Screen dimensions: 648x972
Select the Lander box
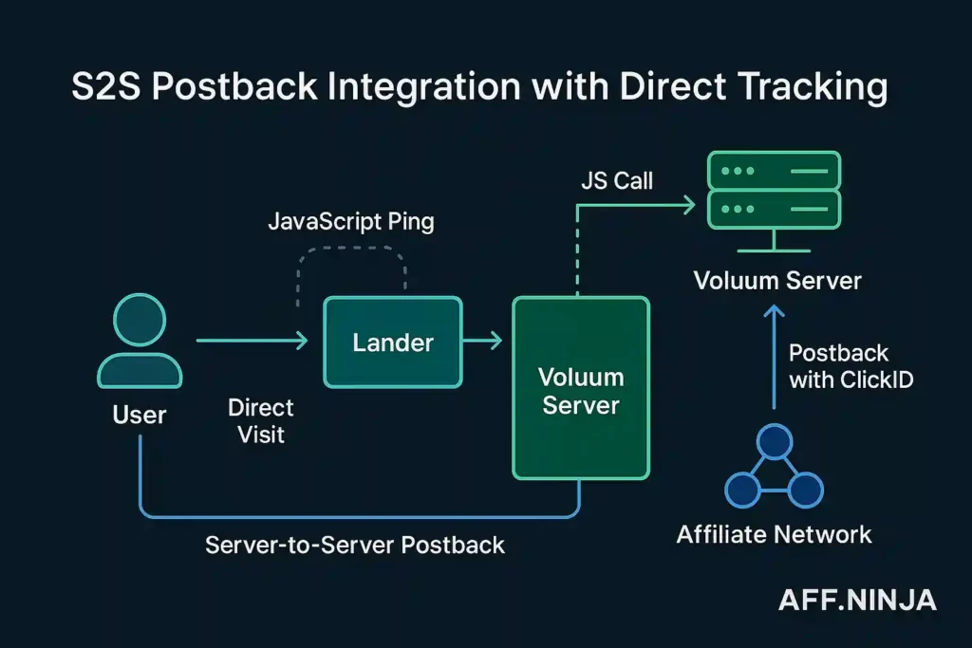click(x=392, y=342)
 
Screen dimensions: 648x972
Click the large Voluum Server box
click(x=580, y=388)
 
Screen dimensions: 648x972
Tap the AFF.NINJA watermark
click(x=857, y=600)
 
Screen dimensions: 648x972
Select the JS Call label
click(x=617, y=180)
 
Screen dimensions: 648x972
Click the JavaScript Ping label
click(x=350, y=222)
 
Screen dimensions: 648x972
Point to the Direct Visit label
click(x=261, y=421)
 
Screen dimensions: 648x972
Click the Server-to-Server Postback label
click(x=355, y=546)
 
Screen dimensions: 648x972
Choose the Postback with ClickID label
click(x=838, y=366)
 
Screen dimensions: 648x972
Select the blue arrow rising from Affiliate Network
click(x=775, y=357)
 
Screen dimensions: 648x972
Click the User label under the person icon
click(x=139, y=415)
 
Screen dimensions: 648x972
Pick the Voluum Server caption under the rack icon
click(x=776, y=281)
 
